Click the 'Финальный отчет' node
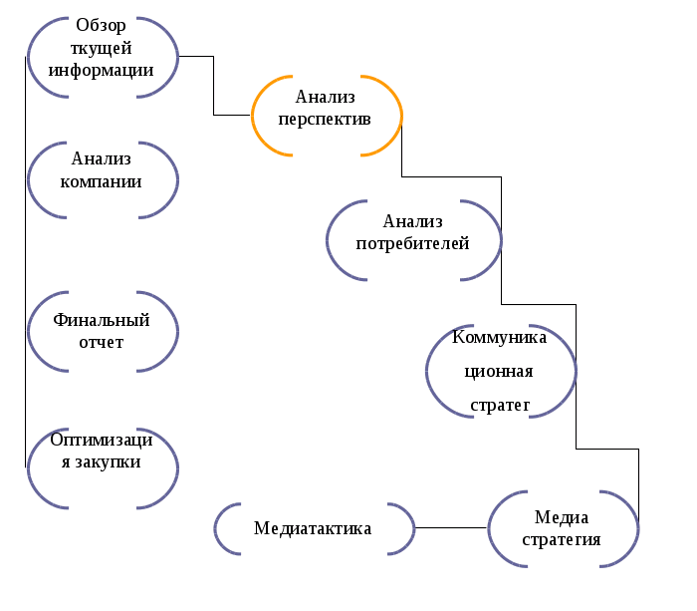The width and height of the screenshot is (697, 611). coord(103,331)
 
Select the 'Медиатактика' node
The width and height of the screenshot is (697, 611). coord(314,528)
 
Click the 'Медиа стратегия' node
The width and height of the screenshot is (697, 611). coord(563,529)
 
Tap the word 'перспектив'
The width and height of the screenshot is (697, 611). coord(326,119)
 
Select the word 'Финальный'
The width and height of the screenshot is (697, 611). coord(102,321)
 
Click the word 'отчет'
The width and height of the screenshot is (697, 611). coord(102,342)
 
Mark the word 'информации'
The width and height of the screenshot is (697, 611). coord(102,70)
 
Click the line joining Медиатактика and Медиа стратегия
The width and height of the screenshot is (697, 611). coord(450,527)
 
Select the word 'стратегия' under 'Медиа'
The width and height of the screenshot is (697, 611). coord(563,540)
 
